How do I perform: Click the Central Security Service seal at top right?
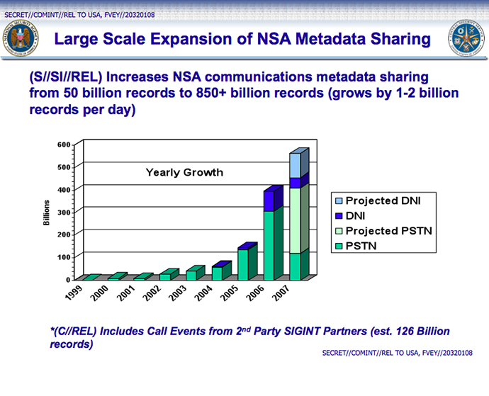click(466, 42)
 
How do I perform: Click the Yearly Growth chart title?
click(184, 172)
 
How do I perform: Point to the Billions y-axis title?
click(46, 212)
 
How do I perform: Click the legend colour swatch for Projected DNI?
click(338, 201)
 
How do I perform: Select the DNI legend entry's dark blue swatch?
click(338, 216)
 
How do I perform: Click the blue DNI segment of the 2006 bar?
click(269, 201)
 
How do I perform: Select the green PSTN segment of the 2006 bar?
click(269, 244)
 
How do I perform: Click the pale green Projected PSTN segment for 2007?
click(295, 220)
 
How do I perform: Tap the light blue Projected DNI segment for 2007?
click(295, 164)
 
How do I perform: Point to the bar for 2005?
click(243, 264)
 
